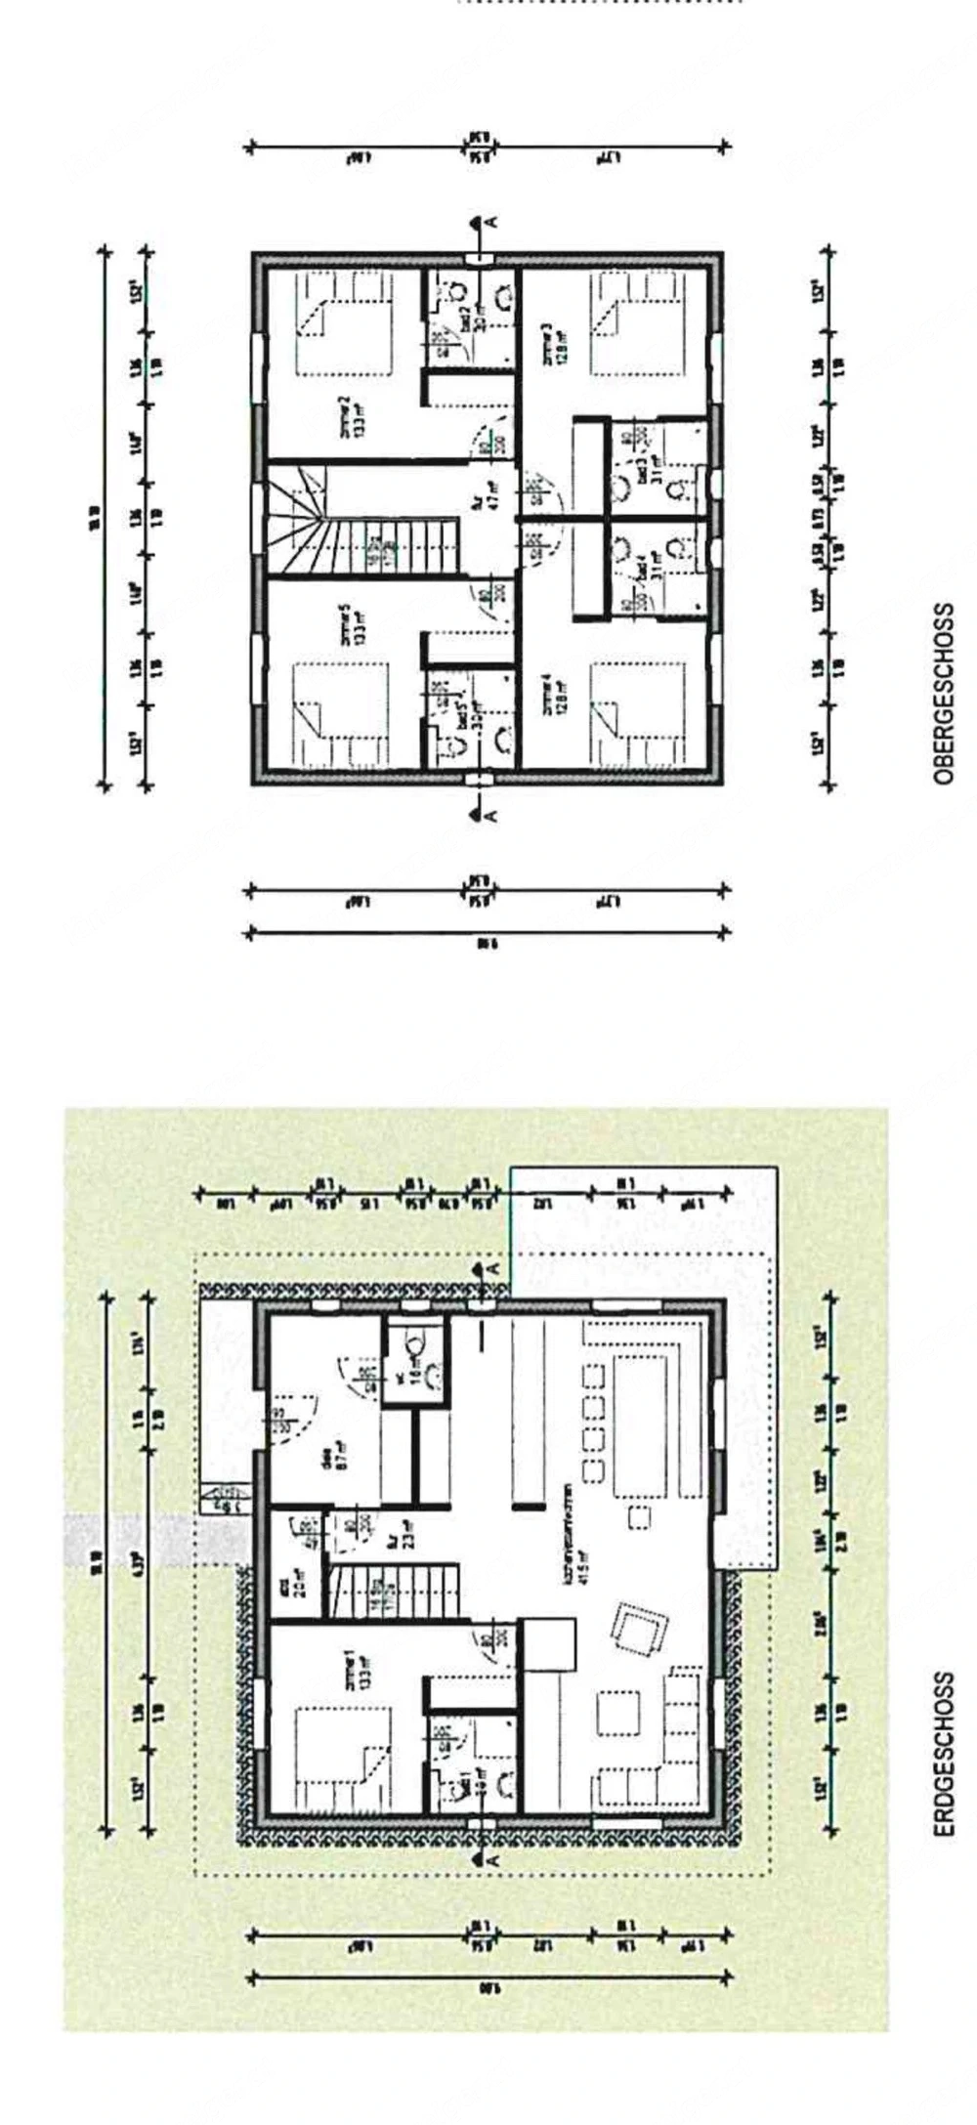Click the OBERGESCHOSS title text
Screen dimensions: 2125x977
pos(943,694)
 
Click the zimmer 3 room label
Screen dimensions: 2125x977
pos(553,344)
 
